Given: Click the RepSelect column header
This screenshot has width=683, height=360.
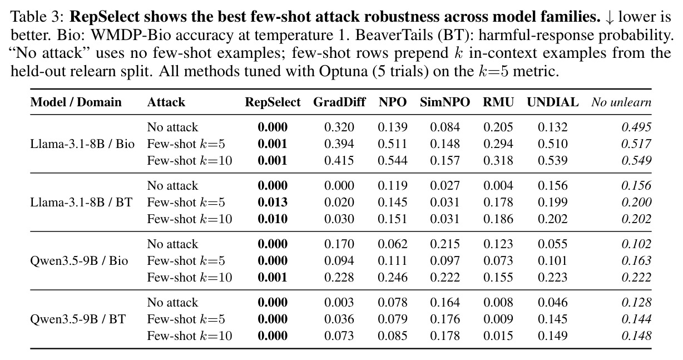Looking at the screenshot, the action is click(273, 102).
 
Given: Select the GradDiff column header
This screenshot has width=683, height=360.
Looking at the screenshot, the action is click(339, 102).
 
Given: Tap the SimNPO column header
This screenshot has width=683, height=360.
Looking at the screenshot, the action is click(445, 102).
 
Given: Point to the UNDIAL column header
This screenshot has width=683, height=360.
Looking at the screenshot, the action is click(552, 102).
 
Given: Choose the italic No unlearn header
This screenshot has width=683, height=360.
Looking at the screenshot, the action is click(621, 102).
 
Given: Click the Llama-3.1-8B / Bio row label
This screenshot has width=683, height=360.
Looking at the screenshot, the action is click(82, 144).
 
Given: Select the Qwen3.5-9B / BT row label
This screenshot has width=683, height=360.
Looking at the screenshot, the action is click(78, 319).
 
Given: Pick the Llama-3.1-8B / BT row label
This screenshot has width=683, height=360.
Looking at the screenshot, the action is click(81, 203).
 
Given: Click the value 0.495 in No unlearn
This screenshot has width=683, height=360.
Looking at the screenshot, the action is click(636, 127).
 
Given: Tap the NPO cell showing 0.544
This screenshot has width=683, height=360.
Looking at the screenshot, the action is click(393, 160).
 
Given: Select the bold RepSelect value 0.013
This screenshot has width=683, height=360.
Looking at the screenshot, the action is click(273, 203).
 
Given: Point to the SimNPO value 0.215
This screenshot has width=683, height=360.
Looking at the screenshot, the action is click(445, 244).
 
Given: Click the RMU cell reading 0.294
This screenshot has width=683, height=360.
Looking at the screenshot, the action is click(498, 144).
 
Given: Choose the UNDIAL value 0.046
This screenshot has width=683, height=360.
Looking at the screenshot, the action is click(552, 302).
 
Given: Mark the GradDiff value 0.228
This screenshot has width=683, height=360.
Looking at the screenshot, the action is click(339, 277).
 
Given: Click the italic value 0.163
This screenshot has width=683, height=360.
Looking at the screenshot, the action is click(636, 260).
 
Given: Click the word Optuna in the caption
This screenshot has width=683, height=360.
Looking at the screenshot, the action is click(343, 71).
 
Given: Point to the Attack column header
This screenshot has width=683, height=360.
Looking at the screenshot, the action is click(166, 102).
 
